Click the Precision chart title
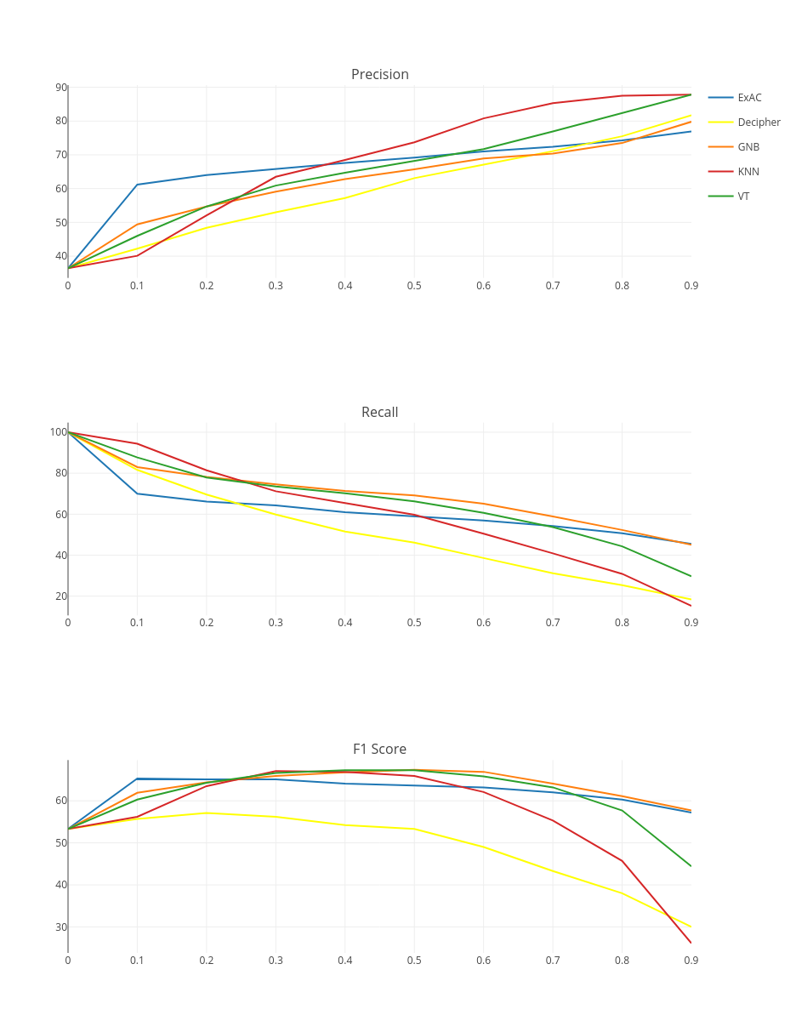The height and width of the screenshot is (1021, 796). tap(380, 75)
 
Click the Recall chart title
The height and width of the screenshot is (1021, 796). tap(379, 413)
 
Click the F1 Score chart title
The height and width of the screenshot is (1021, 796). tap(379, 750)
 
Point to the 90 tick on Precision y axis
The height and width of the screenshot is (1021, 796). tap(61, 88)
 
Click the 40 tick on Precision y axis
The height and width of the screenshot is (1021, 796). tap(61, 256)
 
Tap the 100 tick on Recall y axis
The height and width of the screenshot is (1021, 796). tap(58, 432)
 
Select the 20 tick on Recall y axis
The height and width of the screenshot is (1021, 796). tap(61, 596)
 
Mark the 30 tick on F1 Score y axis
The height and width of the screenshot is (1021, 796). tap(61, 927)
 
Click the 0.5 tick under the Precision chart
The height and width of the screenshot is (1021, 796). tap(414, 286)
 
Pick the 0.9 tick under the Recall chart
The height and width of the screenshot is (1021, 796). tap(691, 623)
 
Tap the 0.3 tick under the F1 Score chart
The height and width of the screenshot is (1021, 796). tap(276, 961)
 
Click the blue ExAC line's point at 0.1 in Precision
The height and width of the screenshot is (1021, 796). tap(137, 185)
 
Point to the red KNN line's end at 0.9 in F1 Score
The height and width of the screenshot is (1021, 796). tap(691, 943)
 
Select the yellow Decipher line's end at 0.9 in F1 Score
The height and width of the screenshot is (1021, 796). tap(691, 927)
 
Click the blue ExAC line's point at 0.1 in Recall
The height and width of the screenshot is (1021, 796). tap(137, 493)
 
